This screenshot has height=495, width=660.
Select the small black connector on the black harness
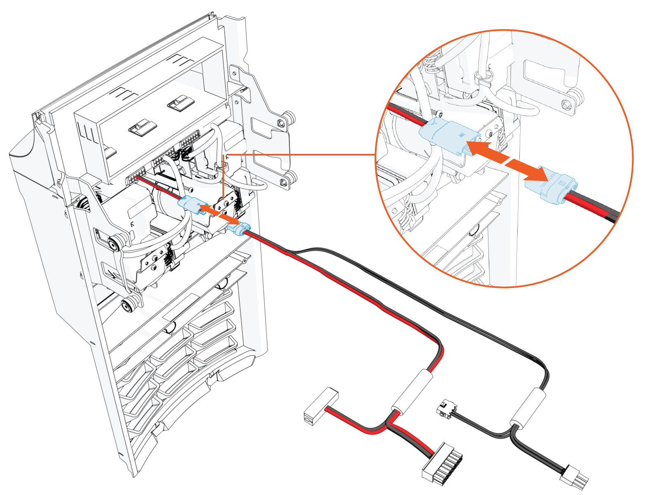[445, 409]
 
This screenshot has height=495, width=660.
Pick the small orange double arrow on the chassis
[219, 214]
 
